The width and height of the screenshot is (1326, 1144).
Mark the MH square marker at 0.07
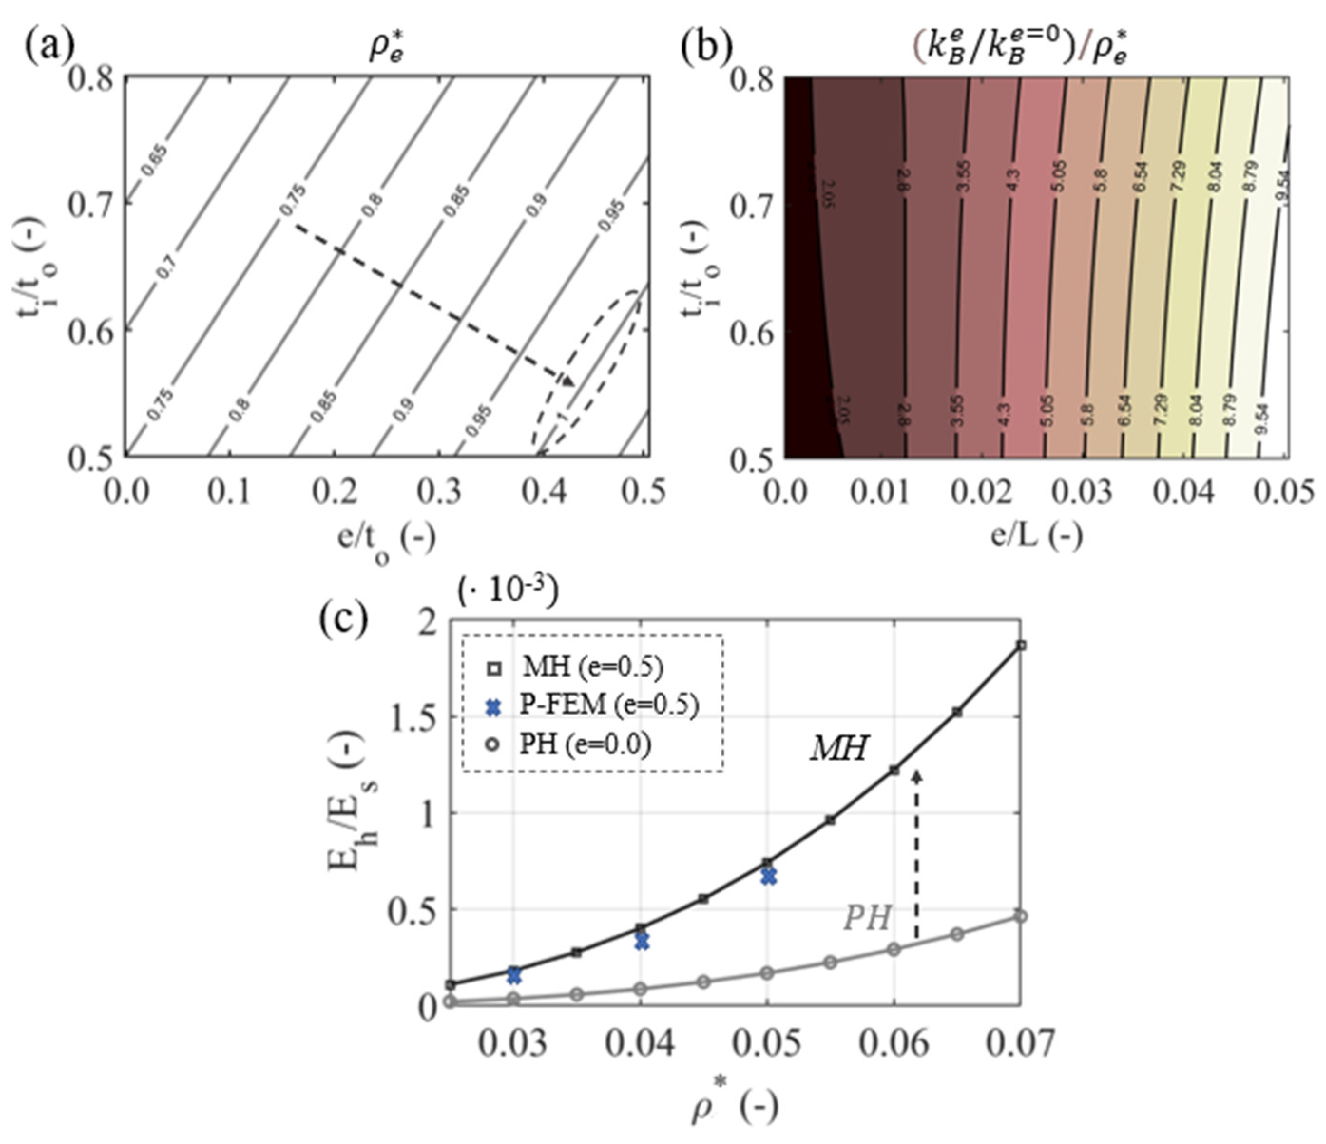click(x=1021, y=646)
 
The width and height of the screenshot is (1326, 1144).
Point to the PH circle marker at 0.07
click(x=1021, y=916)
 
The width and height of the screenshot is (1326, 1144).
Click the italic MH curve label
click(x=838, y=747)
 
